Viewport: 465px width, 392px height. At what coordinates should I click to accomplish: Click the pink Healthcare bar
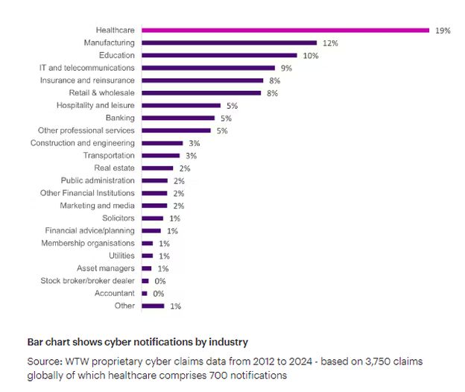tap(285, 31)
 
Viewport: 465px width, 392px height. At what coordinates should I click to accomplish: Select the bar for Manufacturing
tap(229, 43)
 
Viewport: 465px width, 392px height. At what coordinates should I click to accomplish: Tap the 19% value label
tap(443, 31)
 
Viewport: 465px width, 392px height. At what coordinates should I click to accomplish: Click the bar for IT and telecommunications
tap(209, 68)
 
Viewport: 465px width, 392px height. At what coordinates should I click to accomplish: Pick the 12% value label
tap(330, 43)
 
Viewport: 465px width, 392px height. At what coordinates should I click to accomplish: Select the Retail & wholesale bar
tap(201, 93)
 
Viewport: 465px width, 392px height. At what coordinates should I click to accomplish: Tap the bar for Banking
tap(178, 118)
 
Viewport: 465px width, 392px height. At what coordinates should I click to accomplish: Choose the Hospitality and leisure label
tap(95, 105)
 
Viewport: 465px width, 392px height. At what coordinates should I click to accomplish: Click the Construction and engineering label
tap(83, 143)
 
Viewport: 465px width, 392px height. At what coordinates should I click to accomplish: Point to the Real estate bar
tap(156, 168)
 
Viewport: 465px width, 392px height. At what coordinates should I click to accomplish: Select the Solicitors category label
tap(118, 218)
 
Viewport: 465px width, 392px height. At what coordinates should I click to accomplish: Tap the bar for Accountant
tap(145, 294)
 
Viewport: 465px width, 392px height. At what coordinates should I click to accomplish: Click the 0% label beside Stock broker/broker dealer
tap(159, 281)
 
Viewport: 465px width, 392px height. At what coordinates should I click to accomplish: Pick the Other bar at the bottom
tap(153, 306)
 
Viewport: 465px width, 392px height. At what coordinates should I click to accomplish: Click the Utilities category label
tap(122, 256)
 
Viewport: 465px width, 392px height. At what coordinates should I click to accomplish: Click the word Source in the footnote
tap(43, 361)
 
